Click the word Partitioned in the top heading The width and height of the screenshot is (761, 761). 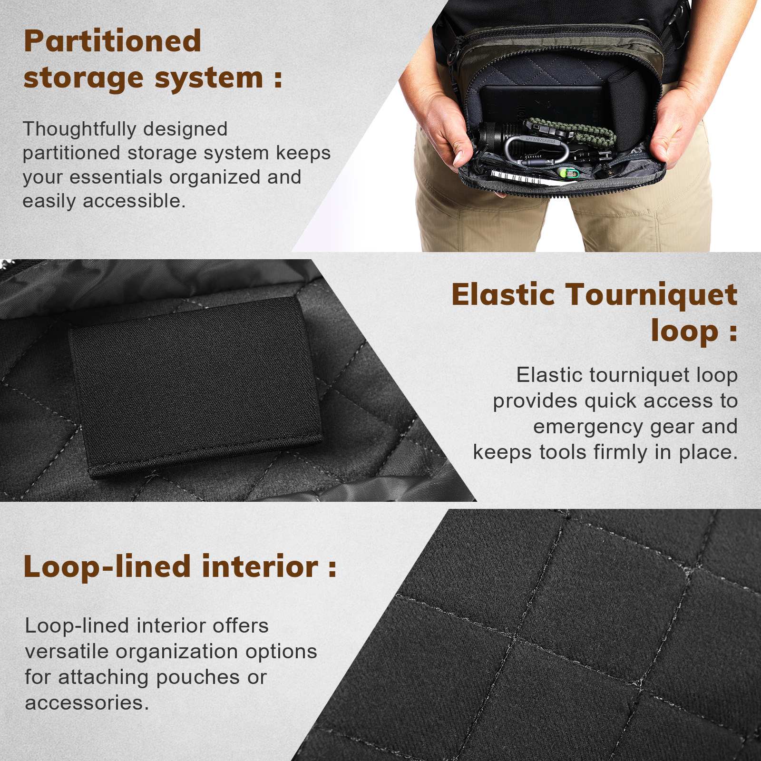click(113, 41)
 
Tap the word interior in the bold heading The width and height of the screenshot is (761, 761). click(260, 566)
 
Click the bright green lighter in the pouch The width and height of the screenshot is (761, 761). click(568, 173)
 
